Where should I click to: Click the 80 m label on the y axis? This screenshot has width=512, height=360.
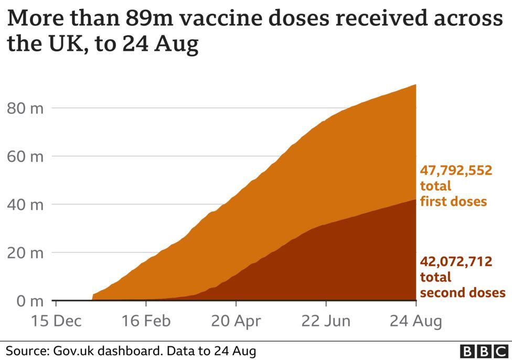[x=25, y=108]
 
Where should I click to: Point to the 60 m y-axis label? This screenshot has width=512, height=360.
[x=25, y=156]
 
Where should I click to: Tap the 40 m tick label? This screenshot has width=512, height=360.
[x=25, y=205]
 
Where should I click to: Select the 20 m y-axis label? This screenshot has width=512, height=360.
[x=25, y=253]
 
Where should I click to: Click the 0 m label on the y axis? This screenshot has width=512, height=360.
[x=30, y=301]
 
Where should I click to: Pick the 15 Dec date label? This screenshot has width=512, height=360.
[x=56, y=321]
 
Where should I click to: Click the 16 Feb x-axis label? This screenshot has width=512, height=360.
[x=146, y=321]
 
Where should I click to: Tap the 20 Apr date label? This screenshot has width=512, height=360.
[x=236, y=321]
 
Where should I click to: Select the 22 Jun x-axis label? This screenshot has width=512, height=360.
[x=326, y=321]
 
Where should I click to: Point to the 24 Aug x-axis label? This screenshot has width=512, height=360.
[x=415, y=321]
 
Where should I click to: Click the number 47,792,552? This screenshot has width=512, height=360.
[x=456, y=171]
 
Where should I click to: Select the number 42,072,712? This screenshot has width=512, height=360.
[x=456, y=262]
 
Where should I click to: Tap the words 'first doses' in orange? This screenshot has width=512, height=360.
[x=453, y=201]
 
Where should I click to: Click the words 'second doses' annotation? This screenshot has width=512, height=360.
[x=463, y=292]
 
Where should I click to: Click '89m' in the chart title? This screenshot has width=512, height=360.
[x=149, y=18]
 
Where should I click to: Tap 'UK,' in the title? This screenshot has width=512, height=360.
[x=67, y=44]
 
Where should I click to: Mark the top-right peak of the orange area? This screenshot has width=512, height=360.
[x=415, y=84]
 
